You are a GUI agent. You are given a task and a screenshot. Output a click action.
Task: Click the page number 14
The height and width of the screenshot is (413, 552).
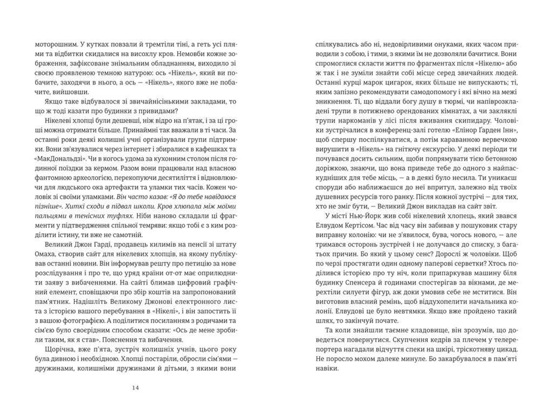point(135,388)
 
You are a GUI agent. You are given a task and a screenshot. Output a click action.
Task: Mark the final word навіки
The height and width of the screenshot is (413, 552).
point(327,368)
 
